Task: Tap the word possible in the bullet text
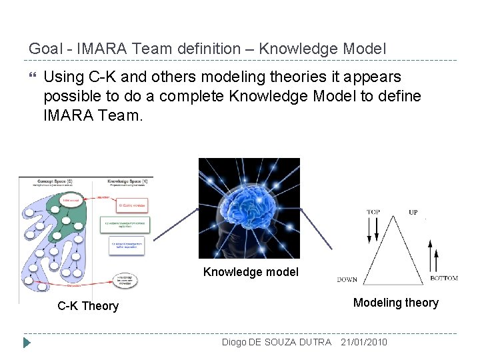click(x=69, y=97)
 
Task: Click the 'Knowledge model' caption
click(x=251, y=272)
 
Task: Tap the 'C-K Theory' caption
click(x=88, y=306)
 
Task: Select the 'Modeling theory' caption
click(x=395, y=303)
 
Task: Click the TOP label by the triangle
click(x=374, y=212)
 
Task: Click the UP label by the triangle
click(x=413, y=212)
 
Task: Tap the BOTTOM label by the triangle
click(x=443, y=278)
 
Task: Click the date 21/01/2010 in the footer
click(x=363, y=342)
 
